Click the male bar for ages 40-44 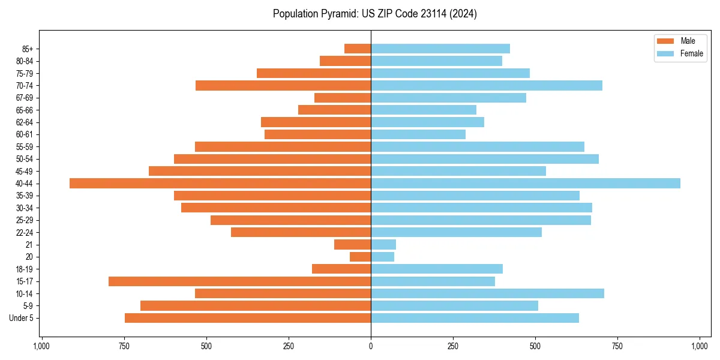tap(220, 184)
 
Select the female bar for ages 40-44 tap(526, 184)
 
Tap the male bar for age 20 tap(361, 257)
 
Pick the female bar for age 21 tap(383, 245)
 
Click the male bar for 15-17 tap(240, 281)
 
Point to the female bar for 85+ tap(440, 49)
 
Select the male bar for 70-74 tap(283, 86)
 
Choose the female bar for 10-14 tap(487, 293)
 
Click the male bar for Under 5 tap(248, 318)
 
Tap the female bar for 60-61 tap(418, 134)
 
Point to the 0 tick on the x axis tap(371, 346)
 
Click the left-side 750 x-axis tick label tap(124, 346)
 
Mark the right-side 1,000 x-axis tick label tap(700, 346)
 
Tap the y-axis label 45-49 tap(24, 171)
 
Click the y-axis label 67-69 tap(24, 98)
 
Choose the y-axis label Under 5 tap(22, 318)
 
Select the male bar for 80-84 tap(345, 61)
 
